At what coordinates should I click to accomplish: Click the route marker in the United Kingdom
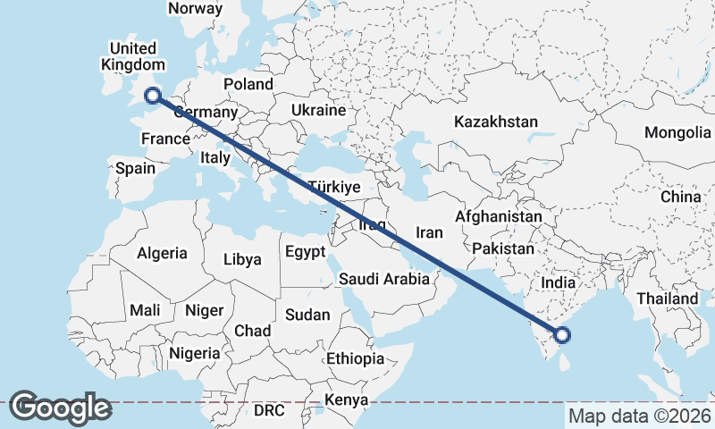tap(153, 96)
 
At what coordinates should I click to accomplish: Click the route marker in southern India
tap(562, 335)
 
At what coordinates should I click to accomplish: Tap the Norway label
tap(195, 8)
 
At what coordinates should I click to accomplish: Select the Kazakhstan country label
tap(495, 122)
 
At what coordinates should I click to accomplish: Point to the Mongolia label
tap(677, 133)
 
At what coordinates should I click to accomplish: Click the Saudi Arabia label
tap(384, 280)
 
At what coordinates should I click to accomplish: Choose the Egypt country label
tap(306, 252)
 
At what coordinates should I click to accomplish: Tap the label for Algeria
tap(162, 253)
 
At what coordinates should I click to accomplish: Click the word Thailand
tap(667, 298)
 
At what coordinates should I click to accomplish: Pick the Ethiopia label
tap(355, 358)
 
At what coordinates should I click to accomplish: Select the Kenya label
tap(347, 400)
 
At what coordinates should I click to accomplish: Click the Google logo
tap(60, 408)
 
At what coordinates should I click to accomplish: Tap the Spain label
tap(135, 168)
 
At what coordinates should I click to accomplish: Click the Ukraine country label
tap(318, 111)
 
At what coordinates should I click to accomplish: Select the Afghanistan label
tap(498, 216)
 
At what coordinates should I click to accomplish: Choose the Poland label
tap(248, 84)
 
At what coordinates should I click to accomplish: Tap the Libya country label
tap(242, 260)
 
